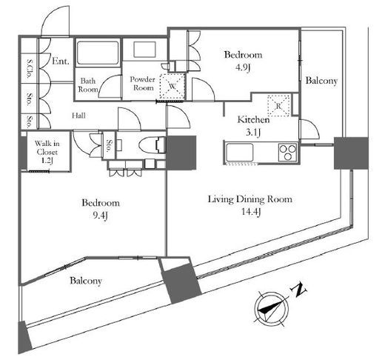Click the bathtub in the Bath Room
(98, 53)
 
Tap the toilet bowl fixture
(152, 145)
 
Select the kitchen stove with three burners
(287, 152)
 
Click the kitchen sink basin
(240, 152)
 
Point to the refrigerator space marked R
(278, 106)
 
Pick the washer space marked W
(173, 86)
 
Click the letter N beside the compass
(299, 290)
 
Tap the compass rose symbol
(272, 309)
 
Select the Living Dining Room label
(250, 199)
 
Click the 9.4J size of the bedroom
(101, 216)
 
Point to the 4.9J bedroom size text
(243, 67)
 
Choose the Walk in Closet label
(47, 147)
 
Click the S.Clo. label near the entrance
(30, 69)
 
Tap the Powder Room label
(143, 84)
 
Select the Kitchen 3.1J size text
(253, 133)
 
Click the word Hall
(78, 116)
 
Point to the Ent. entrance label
(61, 61)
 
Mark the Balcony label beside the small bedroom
(321, 81)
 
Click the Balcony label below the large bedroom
(86, 281)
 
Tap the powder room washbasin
(144, 50)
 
